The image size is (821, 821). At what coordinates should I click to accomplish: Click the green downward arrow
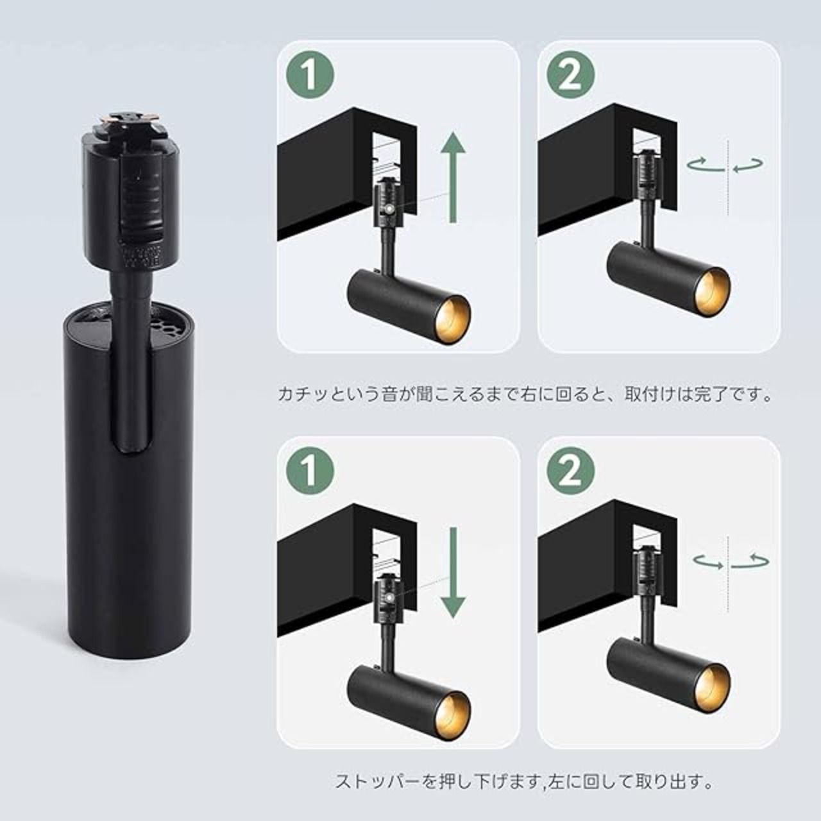click(453, 573)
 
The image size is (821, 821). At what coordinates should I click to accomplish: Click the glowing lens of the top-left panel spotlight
click(453, 317)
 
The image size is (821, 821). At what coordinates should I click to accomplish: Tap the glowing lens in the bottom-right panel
click(714, 683)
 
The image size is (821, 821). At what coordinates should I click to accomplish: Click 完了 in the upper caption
click(715, 394)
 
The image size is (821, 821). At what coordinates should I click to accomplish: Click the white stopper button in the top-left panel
click(389, 208)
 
